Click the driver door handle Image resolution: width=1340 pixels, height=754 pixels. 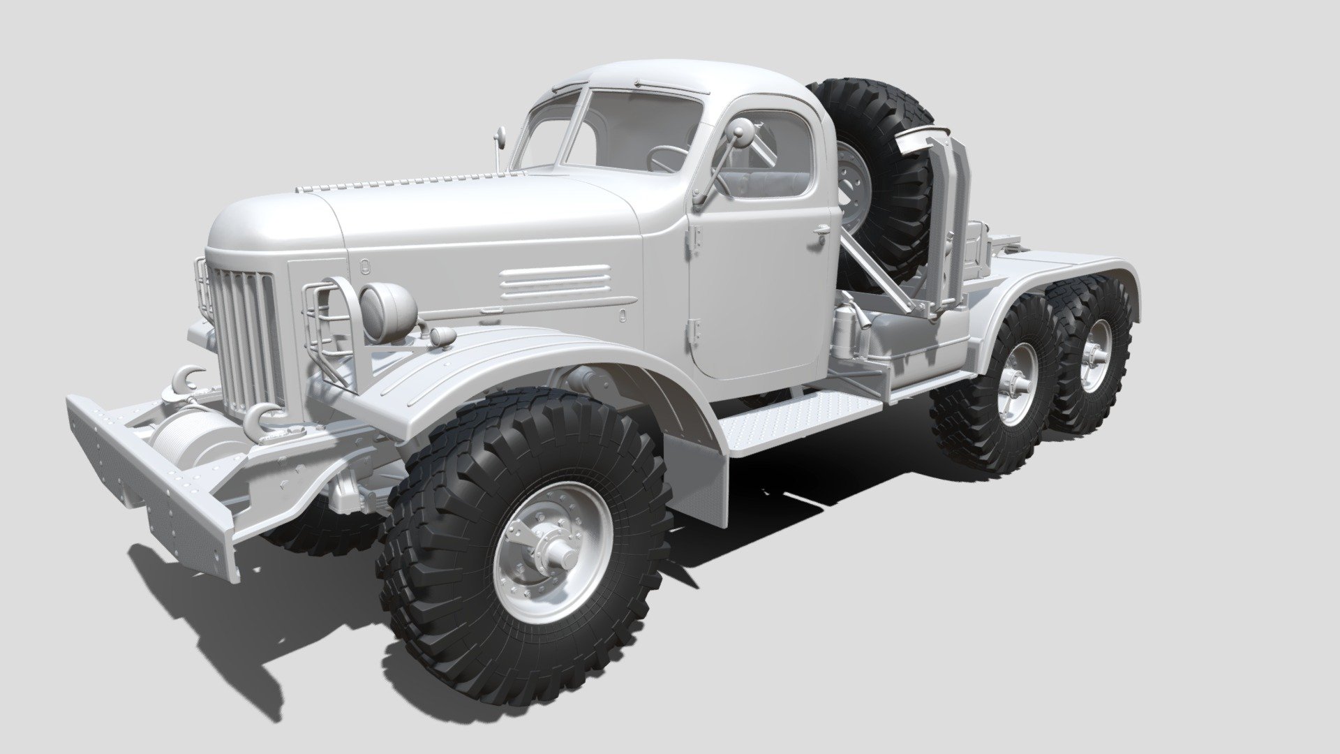[821, 230]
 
